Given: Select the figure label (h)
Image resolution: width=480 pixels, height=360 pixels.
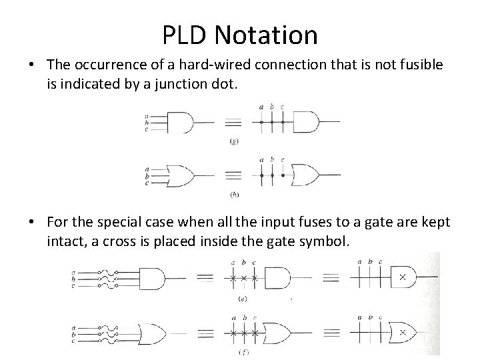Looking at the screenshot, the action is (233, 194).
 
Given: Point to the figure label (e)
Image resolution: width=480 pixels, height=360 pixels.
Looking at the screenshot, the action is (242, 299).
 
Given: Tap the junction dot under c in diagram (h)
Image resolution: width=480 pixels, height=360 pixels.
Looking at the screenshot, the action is (283, 175).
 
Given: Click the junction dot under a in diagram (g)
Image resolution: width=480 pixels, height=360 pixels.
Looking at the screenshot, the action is (261, 123).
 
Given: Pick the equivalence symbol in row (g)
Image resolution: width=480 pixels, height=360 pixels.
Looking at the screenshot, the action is (232, 123).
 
